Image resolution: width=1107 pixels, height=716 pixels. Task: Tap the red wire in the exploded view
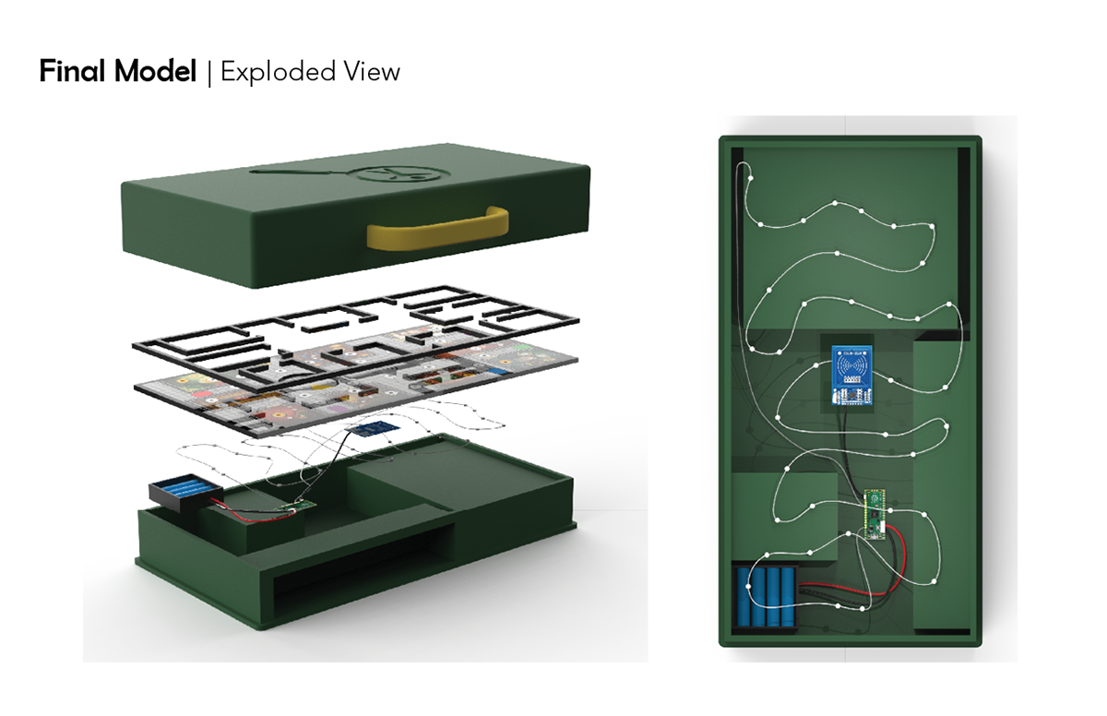(258, 511)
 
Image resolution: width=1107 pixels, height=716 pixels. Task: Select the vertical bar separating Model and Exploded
(208, 72)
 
